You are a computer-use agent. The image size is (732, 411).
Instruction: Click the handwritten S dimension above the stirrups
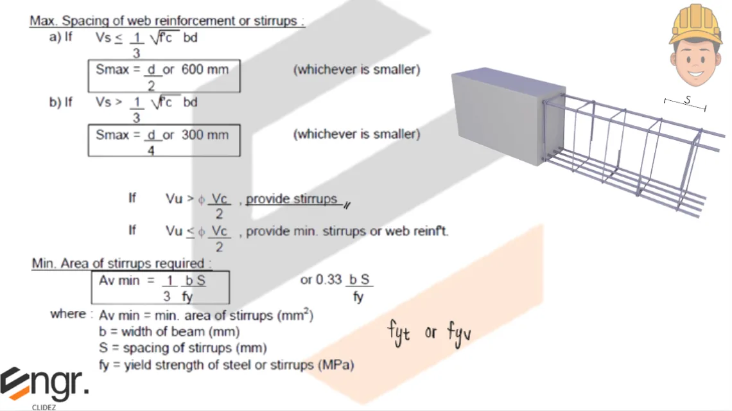[x=686, y=100]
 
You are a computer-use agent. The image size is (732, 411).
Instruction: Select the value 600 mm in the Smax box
[x=205, y=69]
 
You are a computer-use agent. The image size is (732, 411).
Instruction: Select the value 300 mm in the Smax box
[x=205, y=135]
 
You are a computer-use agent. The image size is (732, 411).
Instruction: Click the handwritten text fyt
[x=399, y=333]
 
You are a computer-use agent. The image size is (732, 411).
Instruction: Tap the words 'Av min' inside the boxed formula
[x=119, y=281]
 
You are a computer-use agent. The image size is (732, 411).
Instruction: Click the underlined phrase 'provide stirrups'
[x=292, y=198]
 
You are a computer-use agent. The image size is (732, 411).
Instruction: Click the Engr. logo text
[x=45, y=383]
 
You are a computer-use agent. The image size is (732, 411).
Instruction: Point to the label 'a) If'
[x=61, y=37]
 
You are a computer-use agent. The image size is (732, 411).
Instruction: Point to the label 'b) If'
[x=61, y=102]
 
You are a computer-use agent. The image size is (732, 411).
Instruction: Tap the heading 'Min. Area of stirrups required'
[x=121, y=264]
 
